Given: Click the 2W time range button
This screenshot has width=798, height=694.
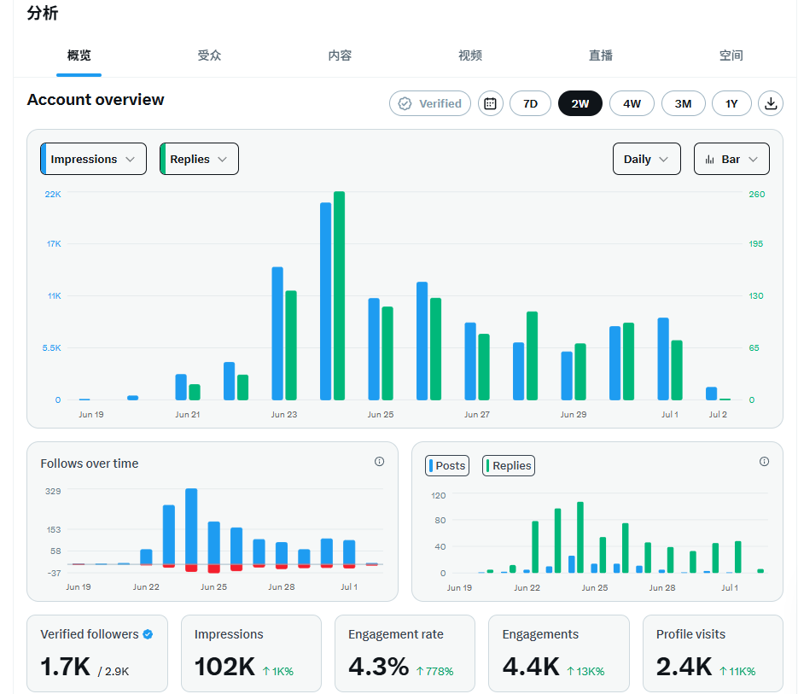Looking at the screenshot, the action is coord(580,103).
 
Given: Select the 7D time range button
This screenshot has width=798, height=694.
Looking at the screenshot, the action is coord(530,103).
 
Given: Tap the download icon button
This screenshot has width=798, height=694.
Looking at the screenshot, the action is coord(771,103).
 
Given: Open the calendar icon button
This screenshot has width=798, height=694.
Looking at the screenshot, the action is coord(490,103).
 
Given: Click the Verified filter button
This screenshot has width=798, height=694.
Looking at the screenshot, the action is coord(430,103).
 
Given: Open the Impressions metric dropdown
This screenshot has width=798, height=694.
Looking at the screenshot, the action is coord(94,159).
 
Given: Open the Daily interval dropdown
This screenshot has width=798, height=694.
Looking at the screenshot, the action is coord(647,159).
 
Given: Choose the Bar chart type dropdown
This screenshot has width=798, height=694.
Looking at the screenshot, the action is coord(731,159).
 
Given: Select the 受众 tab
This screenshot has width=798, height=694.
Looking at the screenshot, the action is coord(209,55).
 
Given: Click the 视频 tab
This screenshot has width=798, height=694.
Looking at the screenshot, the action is coord(470,55).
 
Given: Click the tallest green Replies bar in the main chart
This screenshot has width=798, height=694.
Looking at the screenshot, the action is coord(340,295).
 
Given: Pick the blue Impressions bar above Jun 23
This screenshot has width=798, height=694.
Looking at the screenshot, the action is coord(277,333).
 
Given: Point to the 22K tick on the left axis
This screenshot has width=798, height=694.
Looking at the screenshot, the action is coord(53,194).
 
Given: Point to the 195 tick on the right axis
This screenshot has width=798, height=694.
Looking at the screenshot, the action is coord(756,244).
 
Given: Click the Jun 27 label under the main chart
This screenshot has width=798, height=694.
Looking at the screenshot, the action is coord(477,415).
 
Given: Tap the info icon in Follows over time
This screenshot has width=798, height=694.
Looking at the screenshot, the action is coord(379,461).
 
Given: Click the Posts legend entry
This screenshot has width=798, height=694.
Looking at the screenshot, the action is coord(447,465).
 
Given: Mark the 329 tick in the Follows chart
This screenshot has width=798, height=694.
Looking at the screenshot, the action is coord(53,492).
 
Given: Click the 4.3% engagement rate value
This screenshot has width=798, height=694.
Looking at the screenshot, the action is coord(379,667).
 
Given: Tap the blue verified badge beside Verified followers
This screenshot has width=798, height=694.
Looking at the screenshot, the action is coord(148,634).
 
